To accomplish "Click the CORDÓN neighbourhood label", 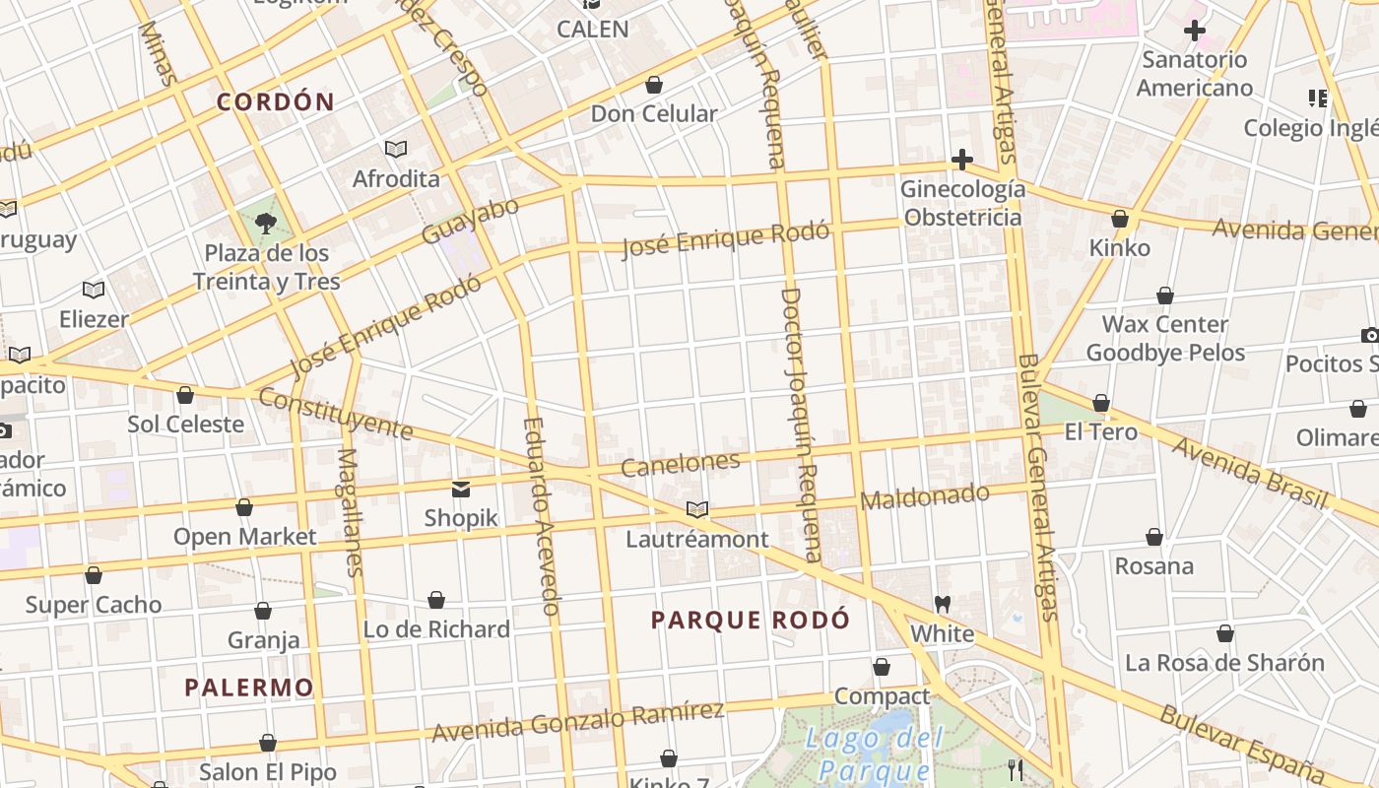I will tap(276, 101).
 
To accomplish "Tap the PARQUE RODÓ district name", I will tap(750, 620).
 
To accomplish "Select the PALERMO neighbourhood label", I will tap(249, 687).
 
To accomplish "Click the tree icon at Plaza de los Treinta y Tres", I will tap(265, 223).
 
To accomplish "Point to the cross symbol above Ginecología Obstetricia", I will tap(961, 160).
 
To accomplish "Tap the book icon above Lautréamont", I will tap(697, 509).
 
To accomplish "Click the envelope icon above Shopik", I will tap(461, 489).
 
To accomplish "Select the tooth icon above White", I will tap(942, 604).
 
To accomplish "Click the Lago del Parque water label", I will tap(875, 754).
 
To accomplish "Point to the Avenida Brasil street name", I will tap(1248, 473).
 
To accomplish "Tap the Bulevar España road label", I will tap(1241, 744).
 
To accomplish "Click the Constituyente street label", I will tap(335, 414).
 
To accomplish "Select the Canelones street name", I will tap(681, 464).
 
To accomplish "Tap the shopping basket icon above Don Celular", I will tap(654, 86).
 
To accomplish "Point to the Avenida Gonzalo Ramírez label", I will tap(578, 722).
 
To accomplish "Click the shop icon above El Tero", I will tap(1101, 403).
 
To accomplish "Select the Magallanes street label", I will tap(350, 512).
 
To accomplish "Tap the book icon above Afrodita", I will tap(396, 149).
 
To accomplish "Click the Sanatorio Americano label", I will tap(1194, 74).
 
